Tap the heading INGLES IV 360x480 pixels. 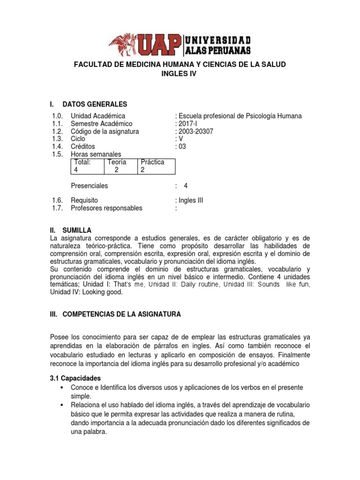180,74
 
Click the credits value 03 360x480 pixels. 182,147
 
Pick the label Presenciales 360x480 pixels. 89,186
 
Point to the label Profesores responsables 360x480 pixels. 106,208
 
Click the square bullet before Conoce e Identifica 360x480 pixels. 62,388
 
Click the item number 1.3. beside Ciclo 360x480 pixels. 57,139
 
